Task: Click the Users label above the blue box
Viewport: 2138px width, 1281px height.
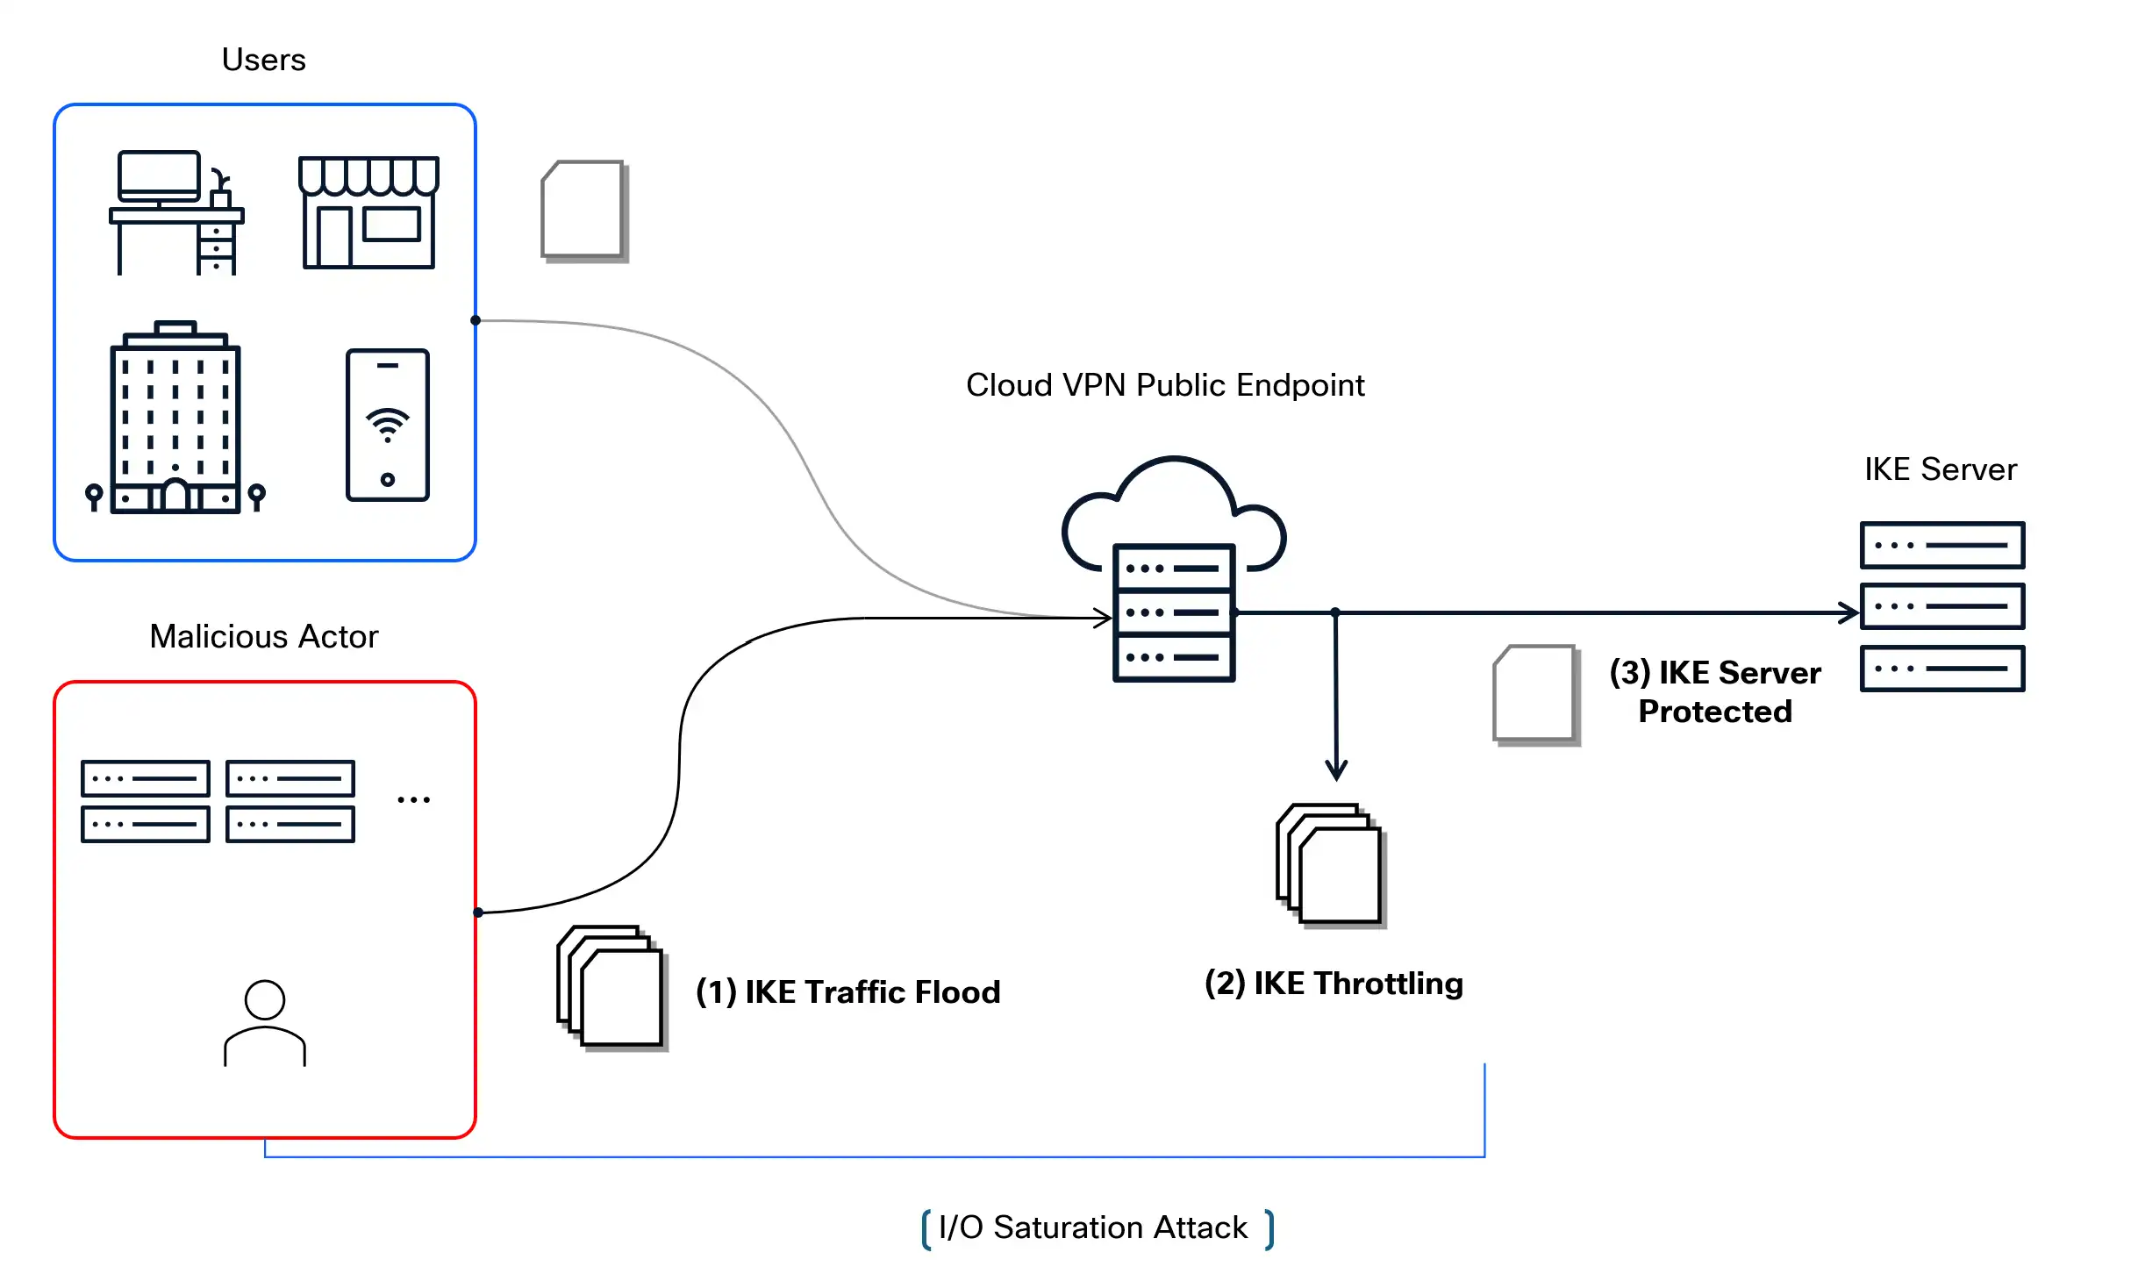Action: click(x=263, y=60)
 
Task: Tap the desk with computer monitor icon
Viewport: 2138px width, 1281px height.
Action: click(x=176, y=213)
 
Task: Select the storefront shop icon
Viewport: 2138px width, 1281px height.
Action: click(x=368, y=212)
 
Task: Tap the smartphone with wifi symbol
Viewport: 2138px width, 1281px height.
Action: click(x=387, y=425)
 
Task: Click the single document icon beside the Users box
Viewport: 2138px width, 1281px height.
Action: click(x=583, y=210)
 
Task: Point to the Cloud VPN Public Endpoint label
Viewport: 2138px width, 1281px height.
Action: click(x=1164, y=385)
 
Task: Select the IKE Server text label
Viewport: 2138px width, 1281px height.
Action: click(x=1940, y=469)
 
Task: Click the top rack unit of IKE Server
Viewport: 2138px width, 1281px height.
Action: click(x=1941, y=545)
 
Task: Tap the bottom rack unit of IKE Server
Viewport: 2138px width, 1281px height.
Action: click(x=1941, y=669)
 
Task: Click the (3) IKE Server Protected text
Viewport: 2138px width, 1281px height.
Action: click(x=1714, y=691)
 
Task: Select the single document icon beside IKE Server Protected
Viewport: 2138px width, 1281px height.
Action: click(x=1535, y=694)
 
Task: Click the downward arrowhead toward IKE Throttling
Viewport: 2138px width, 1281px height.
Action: click(x=1335, y=770)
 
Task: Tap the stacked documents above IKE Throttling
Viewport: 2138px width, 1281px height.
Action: click(x=1330, y=865)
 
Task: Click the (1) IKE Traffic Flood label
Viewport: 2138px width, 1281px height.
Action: click(x=847, y=991)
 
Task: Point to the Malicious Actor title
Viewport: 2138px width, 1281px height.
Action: click(x=263, y=636)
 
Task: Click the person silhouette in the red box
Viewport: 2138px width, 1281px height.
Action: click(x=264, y=1023)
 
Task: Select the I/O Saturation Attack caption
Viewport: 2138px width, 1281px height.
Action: click(x=1092, y=1227)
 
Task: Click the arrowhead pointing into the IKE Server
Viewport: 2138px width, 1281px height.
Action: click(x=1848, y=612)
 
